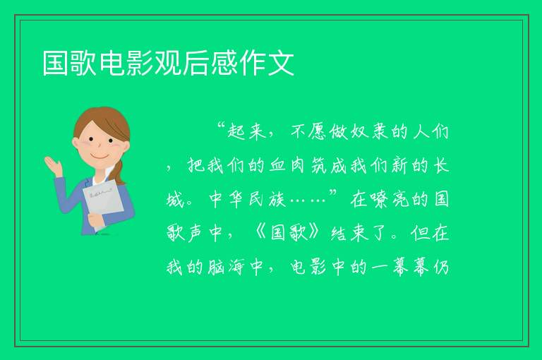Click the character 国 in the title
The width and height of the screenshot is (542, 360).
coord(55,63)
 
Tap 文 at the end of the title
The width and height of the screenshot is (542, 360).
coord(282,63)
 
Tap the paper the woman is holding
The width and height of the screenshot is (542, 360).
coord(103,204)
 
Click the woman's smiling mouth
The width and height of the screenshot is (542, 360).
coord(100,157)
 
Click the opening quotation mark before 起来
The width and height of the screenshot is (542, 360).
coord(222,126)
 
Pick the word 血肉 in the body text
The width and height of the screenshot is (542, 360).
coord(287,165)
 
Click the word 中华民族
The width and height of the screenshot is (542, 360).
coord(247,199)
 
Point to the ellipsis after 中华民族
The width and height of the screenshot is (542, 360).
coord(308,200)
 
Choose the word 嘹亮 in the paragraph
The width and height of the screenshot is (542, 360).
coord(390,199)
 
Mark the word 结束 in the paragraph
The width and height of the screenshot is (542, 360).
coord(349,233)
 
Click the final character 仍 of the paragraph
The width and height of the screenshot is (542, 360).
coord(441,267)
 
